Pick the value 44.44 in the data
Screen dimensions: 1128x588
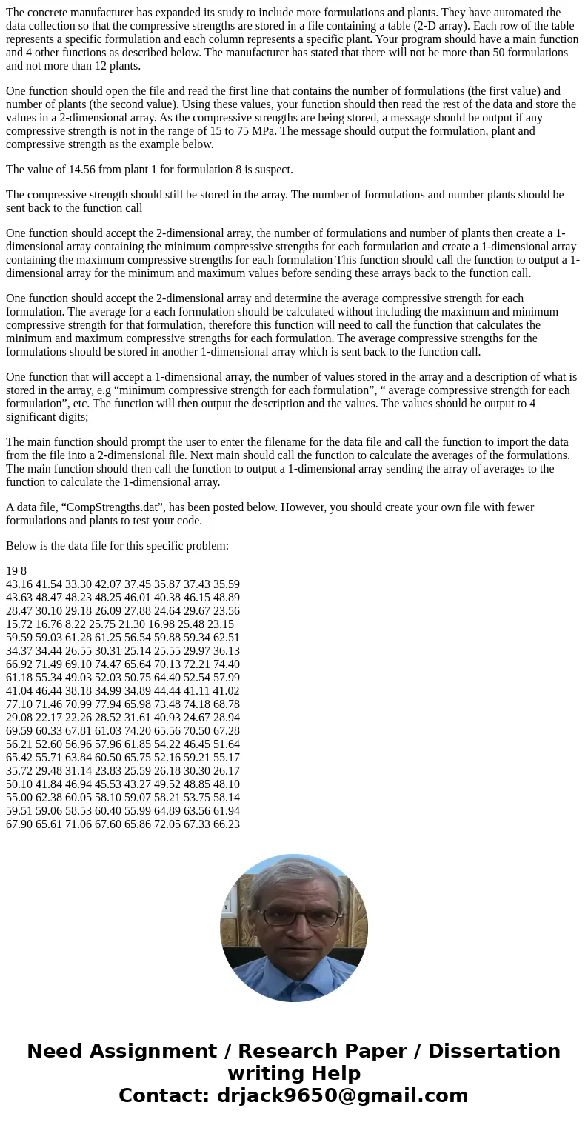tap(169, 690)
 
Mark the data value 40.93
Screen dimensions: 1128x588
tap(169, 717)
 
